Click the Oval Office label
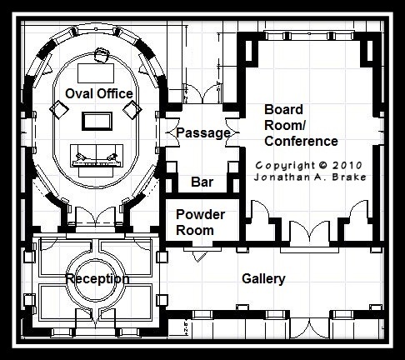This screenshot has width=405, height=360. click(x=99, y=93)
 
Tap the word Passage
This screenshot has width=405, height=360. click(x=203, y=132)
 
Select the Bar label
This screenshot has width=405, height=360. click(x=202, y=182)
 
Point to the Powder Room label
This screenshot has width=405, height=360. click(x=200, y=222)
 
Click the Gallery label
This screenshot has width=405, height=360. click(x=263, y=279)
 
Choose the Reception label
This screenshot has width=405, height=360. click(x=97, y=279)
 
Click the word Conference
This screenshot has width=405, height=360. click(x=301, y=141)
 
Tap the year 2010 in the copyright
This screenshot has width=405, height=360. click(x=347, y=165)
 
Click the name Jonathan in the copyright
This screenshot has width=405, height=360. click(x=277, y=177)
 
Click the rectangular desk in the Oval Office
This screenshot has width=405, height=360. click(x=96, y=73)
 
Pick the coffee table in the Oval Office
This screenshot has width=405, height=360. click(x=97, y=122)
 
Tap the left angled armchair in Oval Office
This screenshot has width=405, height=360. click(x=59, y=109)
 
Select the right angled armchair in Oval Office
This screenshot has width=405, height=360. click(x=132, y=109)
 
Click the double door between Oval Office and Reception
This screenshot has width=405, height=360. click(x=95, y=216)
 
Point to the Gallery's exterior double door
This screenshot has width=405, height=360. click(x=310, y=327)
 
